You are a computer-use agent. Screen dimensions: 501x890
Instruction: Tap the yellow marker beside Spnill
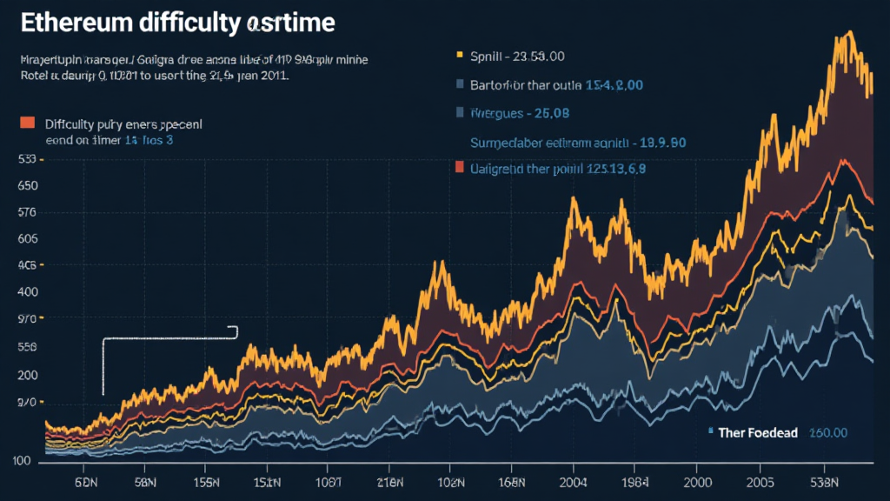click(458, 56)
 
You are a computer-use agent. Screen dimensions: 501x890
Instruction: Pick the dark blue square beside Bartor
click(458, 85)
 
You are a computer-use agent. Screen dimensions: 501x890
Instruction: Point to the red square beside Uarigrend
click(458, 168)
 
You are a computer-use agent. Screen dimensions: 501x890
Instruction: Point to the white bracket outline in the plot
click(103, 365)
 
